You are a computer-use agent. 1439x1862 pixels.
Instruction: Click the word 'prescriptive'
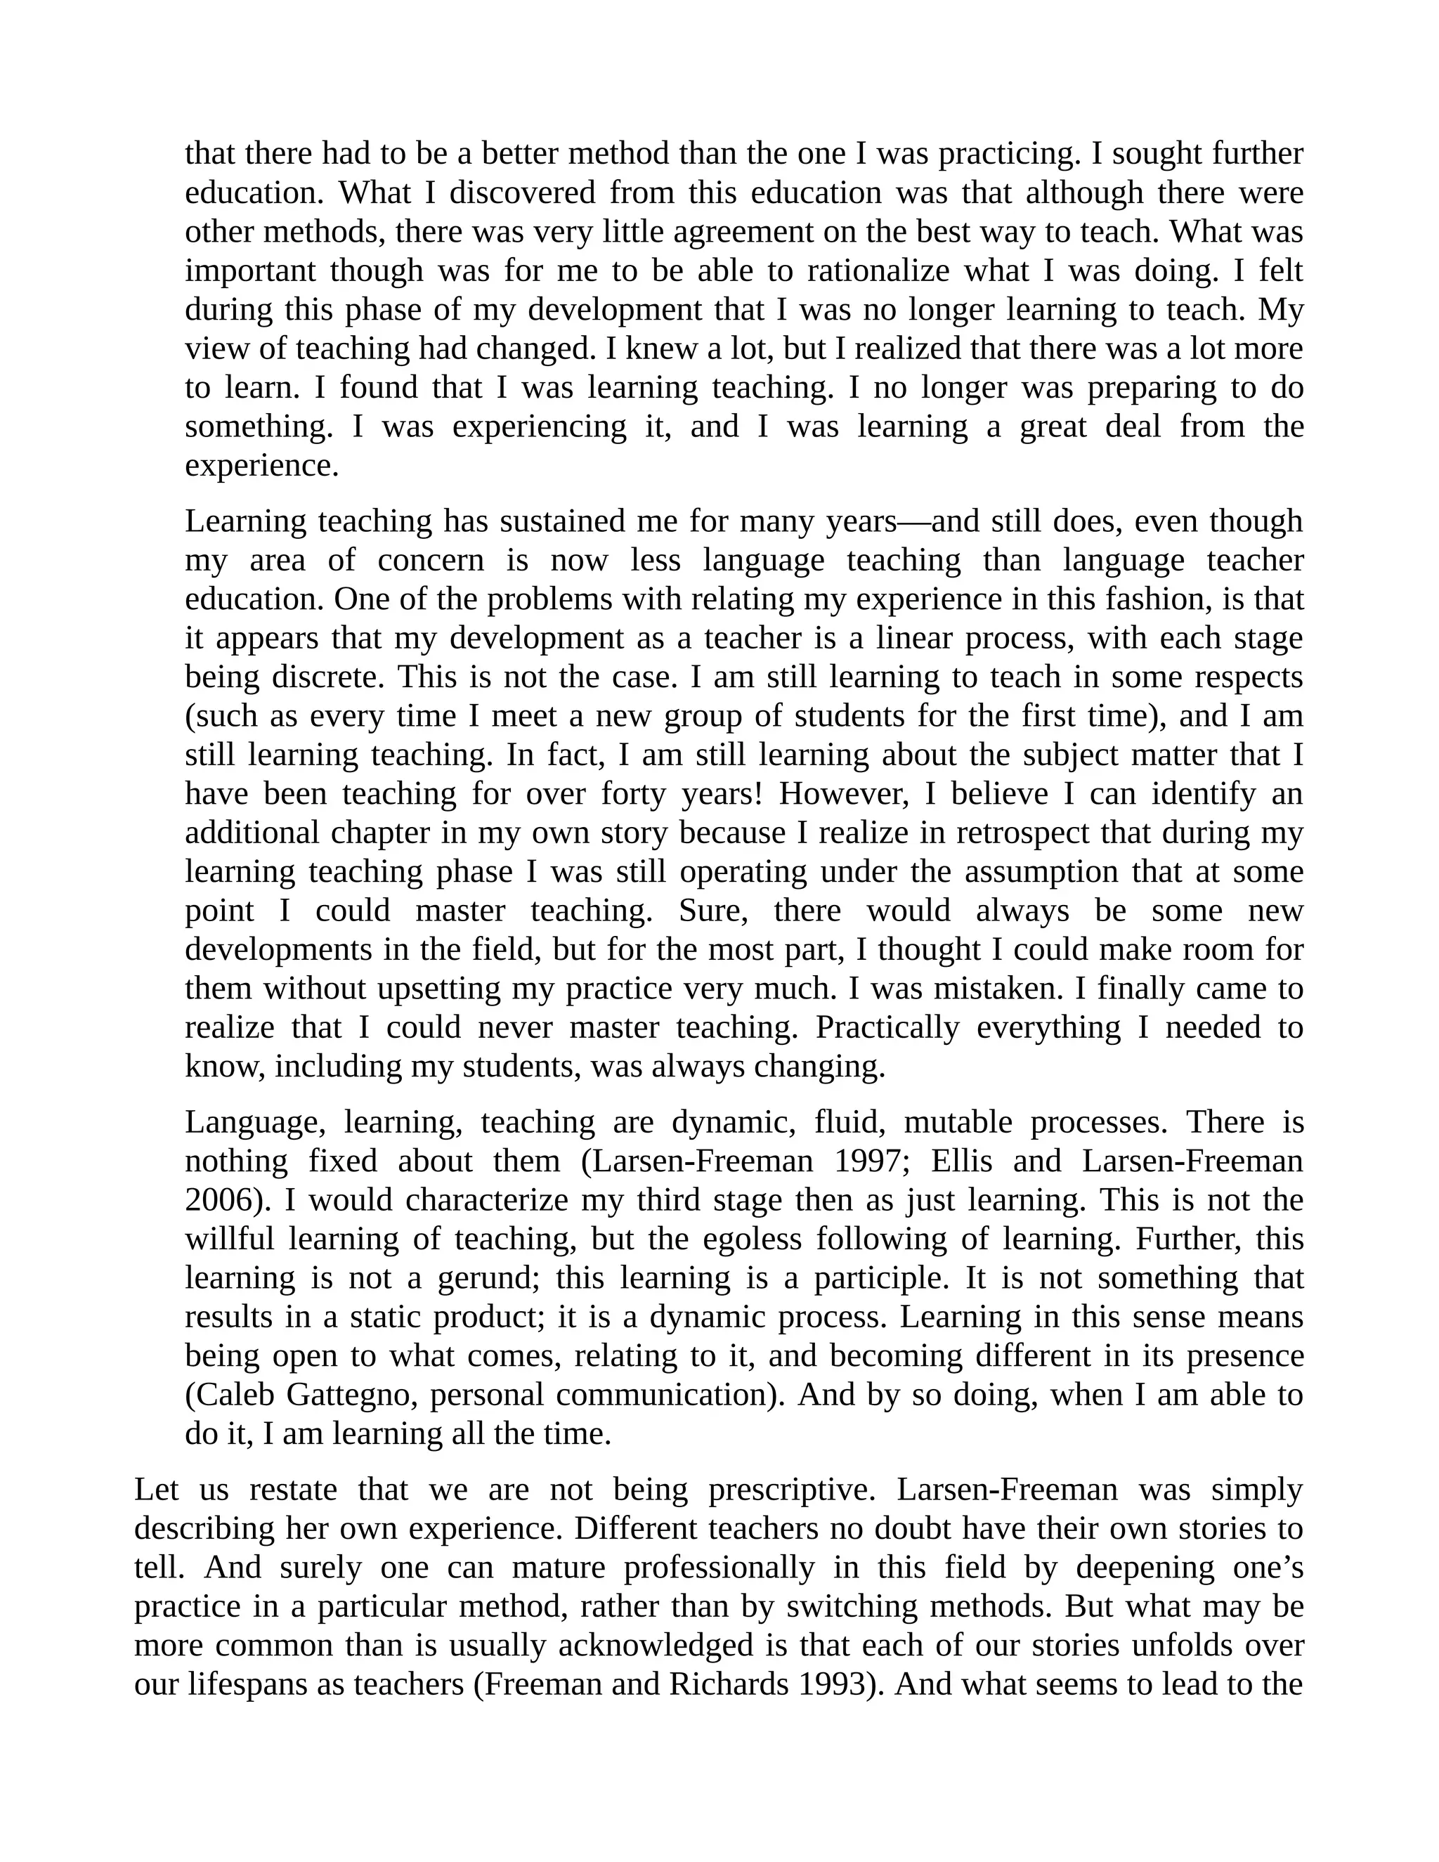[x=787, y=1490]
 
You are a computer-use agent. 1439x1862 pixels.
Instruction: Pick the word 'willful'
[x=229, y=1239]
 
